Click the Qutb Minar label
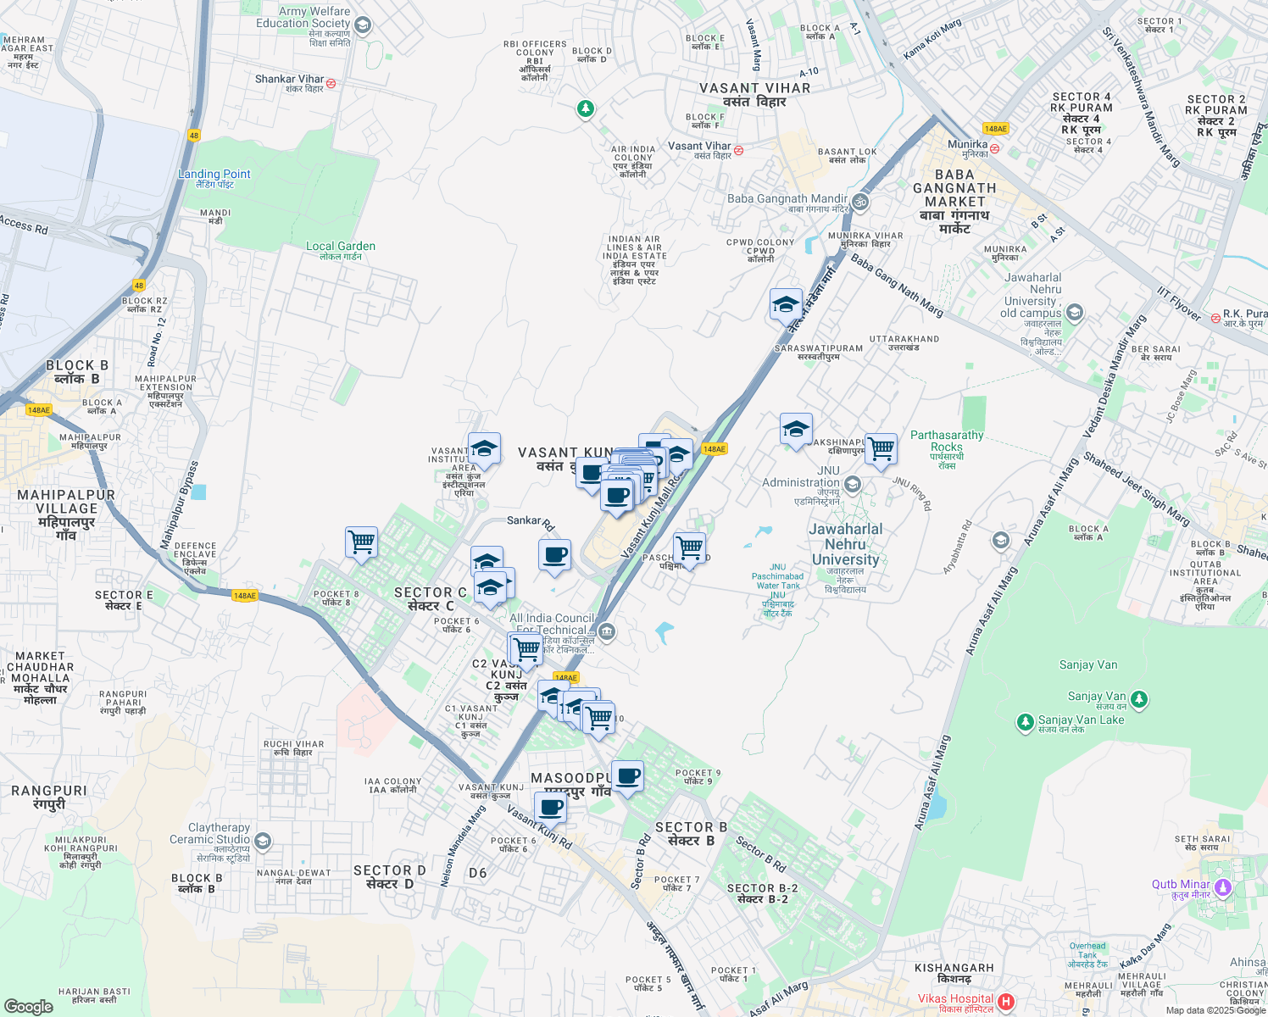(x=1181, y=884)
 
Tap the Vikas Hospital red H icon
(x=1006, y=1002)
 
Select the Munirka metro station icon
(x=994, y=148)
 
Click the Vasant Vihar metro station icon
(x=739, y=150)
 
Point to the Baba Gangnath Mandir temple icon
(x=860, y=202)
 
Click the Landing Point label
(x=214, y=174)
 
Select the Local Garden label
(x=341, y=246)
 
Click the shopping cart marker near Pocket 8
(x=362, y=542)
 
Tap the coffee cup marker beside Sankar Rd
(x=555, y=555)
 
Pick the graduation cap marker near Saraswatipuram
(x=786, y=304)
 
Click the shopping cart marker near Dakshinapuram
(x=881, y=447)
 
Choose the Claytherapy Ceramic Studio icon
(x=263, y=841)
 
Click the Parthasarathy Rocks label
(x=947, y=441)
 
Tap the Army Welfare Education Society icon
(x=363, y=25)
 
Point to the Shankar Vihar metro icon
(x=331, y=83)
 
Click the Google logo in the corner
(x=29, y=1006)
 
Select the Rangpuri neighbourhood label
(x=49, y=791)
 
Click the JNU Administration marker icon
(x=853, y=485)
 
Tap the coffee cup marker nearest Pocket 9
(x=627, y=776)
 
